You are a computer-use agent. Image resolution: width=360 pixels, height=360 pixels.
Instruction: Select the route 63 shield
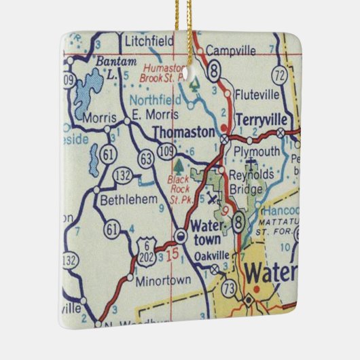tap(145, 159)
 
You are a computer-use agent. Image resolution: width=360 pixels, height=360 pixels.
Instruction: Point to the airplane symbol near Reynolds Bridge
tap(212, 198)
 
